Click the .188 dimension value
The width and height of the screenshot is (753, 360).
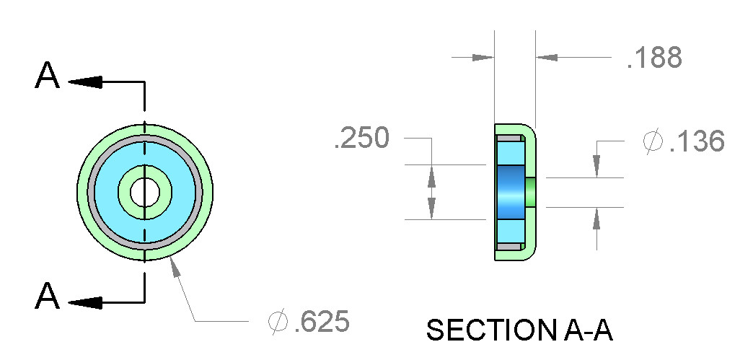[654, 58]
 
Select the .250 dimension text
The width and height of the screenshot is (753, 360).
[361, 138]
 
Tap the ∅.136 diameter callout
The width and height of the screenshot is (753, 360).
[683, 141]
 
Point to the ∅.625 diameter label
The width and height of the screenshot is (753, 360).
[308, 321]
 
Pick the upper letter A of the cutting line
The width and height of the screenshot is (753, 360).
[47, 76]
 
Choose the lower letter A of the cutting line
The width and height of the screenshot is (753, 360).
[47, 296]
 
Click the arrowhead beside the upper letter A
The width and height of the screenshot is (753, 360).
[86, 82]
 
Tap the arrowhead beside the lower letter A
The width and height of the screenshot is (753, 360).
[86, 303]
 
